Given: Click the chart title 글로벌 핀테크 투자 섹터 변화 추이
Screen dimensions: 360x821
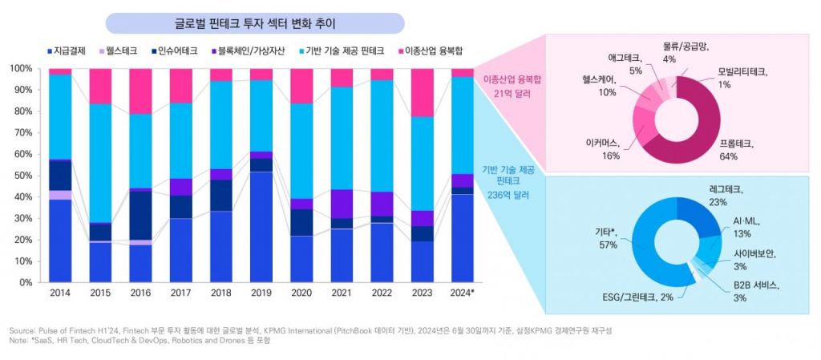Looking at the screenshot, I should click(255, 23).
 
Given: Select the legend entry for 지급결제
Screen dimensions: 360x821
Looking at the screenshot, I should click(68, 51).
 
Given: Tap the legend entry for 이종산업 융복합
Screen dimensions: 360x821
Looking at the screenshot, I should click(438, 51).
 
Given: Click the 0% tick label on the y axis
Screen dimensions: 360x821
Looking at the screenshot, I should click(24, 283).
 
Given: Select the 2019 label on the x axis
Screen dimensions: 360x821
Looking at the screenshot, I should click(261, 293).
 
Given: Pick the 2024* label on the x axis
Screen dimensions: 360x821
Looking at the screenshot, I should click(462, 293).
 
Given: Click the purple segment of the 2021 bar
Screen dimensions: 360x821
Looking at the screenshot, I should click(342, 204).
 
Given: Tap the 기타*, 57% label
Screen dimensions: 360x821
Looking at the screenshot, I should click(602, 237).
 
